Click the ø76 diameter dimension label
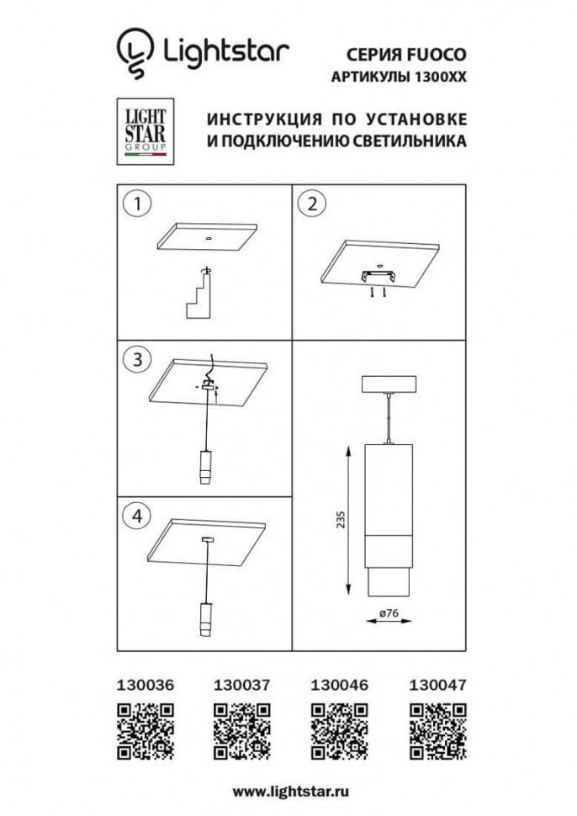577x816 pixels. pos(389,613)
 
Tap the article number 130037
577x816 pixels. pos(242,686)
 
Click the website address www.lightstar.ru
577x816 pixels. pos(291,792)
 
